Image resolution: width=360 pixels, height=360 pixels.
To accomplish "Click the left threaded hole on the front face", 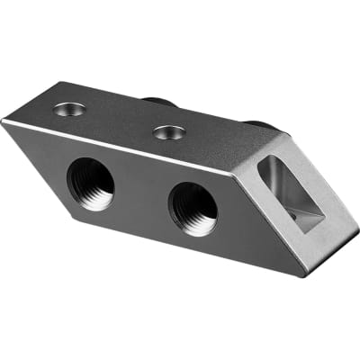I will (91, 184).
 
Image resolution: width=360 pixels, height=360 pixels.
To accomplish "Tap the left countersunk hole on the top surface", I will (69, 109).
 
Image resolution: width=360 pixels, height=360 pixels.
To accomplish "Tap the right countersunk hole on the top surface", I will (168, 132).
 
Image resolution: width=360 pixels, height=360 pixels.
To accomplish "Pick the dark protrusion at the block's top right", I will (258, 122).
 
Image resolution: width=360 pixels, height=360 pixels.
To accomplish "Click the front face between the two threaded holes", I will (141, 196).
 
